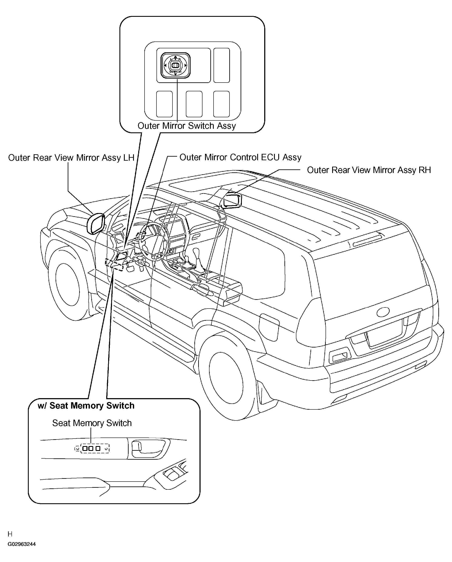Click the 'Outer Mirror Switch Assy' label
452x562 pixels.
[x=187, y=126]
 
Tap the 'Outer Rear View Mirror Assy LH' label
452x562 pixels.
[x=71, y=158]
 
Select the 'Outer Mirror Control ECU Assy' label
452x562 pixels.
[x=240, y=157]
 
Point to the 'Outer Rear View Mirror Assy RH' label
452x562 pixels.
[x=369, y=170]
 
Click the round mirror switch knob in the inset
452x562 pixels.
[x=175, y=65]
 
